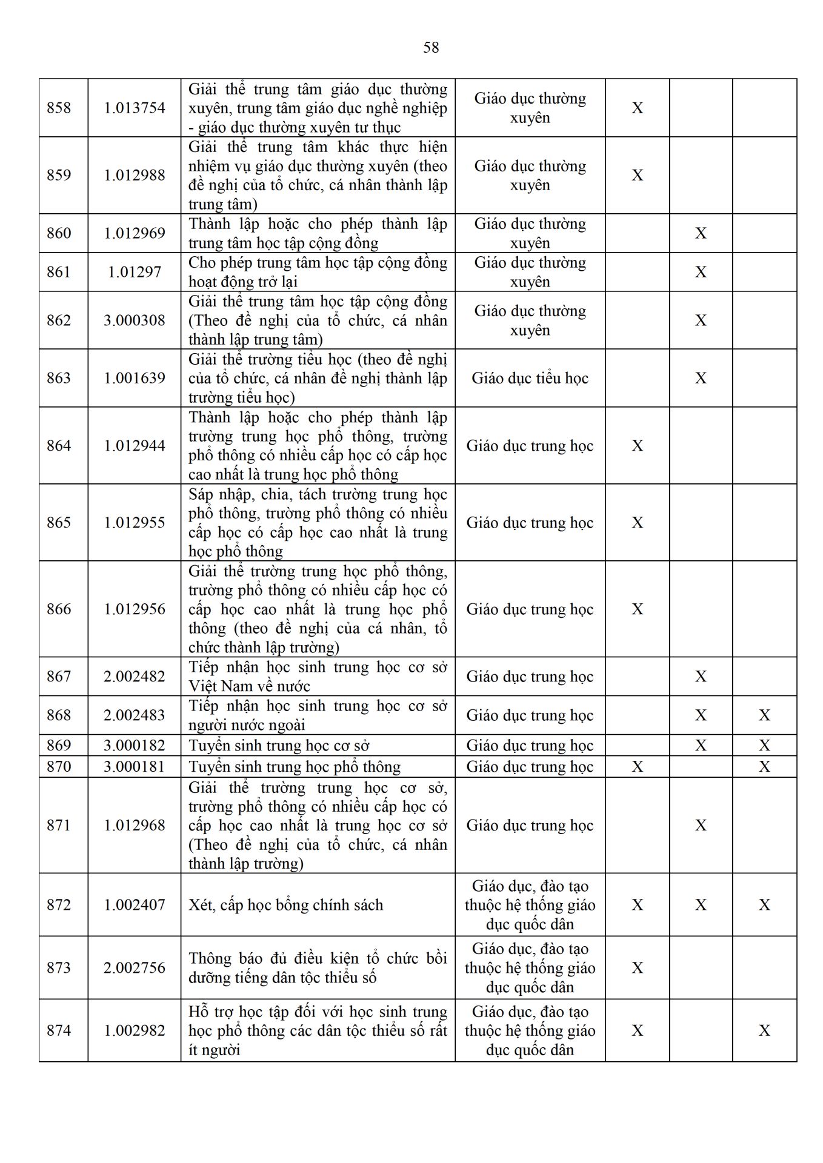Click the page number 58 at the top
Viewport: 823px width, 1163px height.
431,47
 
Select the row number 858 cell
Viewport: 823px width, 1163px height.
59,108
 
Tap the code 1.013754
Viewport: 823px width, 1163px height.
135,108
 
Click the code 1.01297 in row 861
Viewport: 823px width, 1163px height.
135,272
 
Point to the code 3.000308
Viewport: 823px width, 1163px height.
135,320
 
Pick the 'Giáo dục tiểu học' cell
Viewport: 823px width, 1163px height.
530,379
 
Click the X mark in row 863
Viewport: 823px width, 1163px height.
701,378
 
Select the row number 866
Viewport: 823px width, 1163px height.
59,609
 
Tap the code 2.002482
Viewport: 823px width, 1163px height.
135,677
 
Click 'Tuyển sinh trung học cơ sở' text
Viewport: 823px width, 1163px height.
279,746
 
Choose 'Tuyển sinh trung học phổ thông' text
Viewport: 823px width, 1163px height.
295,767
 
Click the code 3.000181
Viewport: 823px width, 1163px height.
135,767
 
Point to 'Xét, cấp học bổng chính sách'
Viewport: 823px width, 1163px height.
285,905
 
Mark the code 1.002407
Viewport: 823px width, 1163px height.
135,905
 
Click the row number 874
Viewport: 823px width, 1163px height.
59,1030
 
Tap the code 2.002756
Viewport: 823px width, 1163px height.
135,968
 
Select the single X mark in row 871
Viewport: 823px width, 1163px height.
701,825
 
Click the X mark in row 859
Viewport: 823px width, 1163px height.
638,175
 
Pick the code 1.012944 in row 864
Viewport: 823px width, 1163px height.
135,446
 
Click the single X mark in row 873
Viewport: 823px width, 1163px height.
638,968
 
